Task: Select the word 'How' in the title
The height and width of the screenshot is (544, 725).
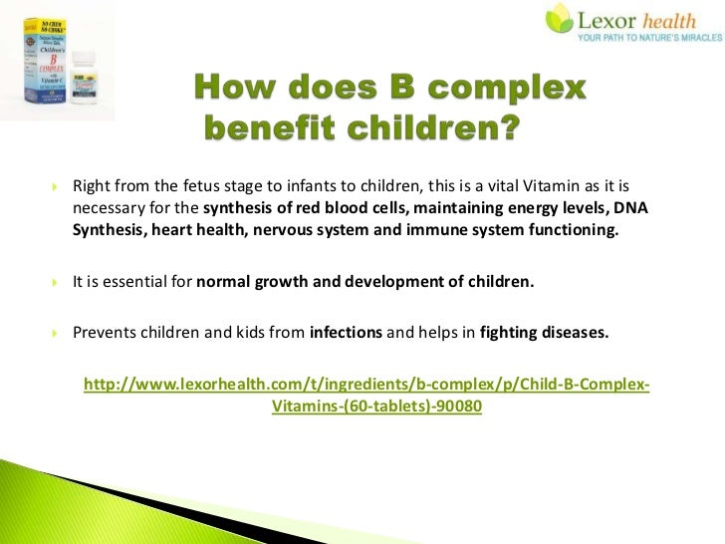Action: click(229, 91)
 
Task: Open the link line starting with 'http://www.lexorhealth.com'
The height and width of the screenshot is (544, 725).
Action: click(366, 385)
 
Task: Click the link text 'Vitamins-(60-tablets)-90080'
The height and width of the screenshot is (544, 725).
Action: click(376, 407)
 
